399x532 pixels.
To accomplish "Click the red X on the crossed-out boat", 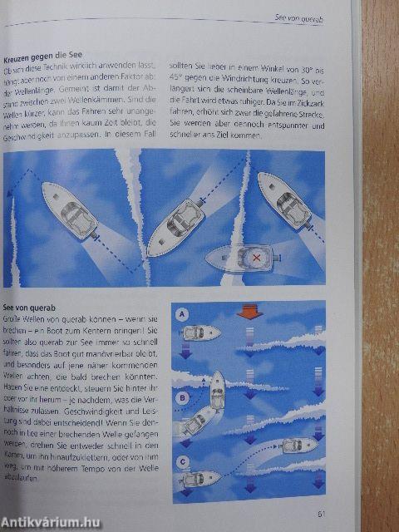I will pos(255,258).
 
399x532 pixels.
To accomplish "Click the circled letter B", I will pos(180,398).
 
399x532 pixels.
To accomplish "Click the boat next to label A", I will pos(202,332).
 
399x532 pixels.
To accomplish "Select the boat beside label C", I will pos(202,480).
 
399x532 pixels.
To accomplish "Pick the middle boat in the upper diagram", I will pos(177,225).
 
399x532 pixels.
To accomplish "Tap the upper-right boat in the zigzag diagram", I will pos(284,202).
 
